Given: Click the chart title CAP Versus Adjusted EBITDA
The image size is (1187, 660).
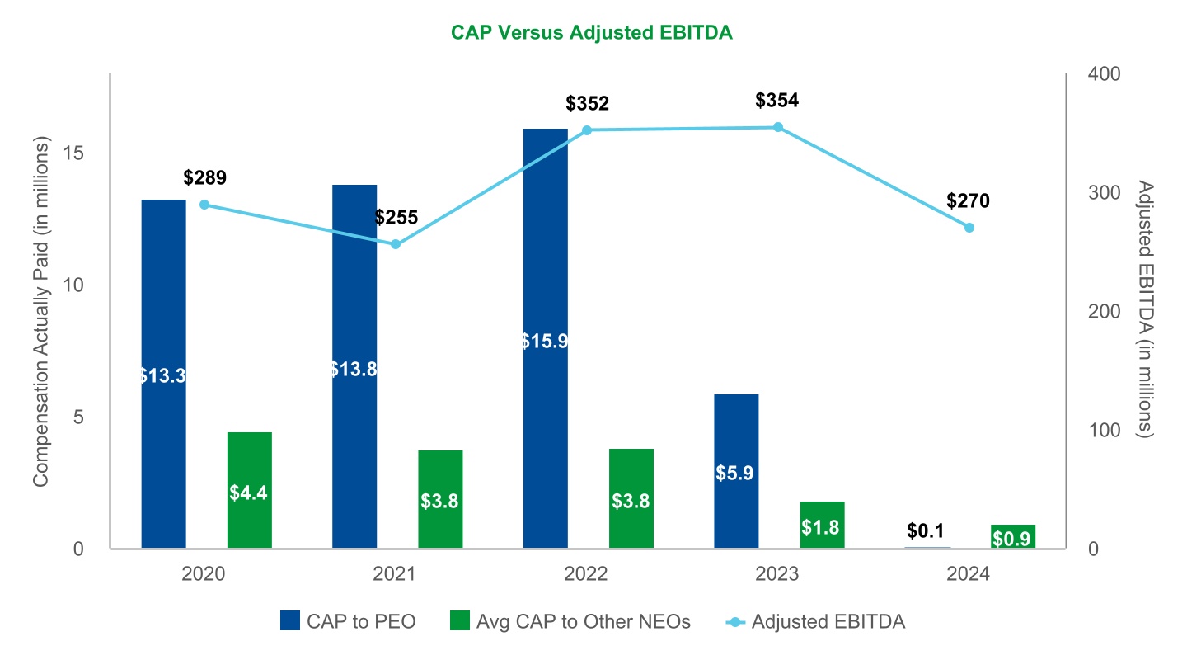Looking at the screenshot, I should pos(592,32).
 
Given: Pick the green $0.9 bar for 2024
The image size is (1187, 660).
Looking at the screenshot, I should pos(1013,536).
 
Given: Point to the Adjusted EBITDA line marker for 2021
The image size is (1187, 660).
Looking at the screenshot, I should pos(396,244).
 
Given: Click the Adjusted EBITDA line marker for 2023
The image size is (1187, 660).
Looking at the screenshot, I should pos(777,127).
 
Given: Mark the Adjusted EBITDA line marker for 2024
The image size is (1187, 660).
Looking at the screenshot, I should pos(969,227).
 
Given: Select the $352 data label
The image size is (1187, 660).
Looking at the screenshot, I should pos(587,104).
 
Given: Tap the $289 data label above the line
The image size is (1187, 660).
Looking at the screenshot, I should pos(204,177).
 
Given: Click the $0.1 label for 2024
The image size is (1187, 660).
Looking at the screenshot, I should pos(927,529).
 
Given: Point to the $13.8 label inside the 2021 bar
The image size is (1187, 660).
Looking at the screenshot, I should pos(354,369).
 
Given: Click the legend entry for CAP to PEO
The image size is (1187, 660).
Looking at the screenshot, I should pos(348,621).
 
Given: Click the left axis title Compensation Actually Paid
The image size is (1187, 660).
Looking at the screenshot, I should pos(48,311).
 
